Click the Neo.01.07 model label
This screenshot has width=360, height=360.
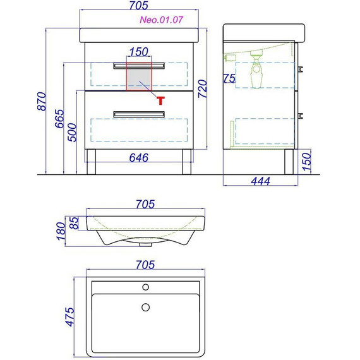point(162,20)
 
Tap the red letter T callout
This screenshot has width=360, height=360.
point(160,100)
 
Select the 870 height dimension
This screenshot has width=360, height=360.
point(42,101)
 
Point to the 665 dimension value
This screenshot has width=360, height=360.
point(59,119)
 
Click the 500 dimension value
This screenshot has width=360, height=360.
point(72,132)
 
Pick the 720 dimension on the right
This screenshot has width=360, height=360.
point(203,89)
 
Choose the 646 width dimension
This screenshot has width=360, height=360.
point(139,158)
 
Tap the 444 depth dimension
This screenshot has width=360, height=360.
point(261,181)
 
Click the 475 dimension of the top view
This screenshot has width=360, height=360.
point(70,317)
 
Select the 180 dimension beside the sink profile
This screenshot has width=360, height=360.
point(61,231)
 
